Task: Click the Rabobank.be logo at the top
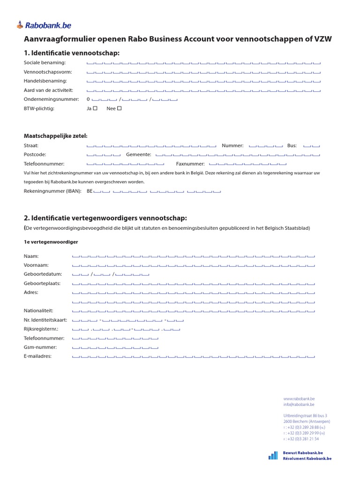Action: point(44,25)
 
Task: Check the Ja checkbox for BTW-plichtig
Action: point(95,108)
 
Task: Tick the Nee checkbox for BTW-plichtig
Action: point(119,108)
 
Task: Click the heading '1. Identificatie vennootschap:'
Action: point(72,53)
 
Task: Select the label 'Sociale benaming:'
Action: point(45,63)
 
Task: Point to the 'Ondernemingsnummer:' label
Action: point(51,99)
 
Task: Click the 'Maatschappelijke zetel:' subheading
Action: point(55,136)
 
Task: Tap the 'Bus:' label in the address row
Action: point(292,146)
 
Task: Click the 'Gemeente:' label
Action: point(138,155)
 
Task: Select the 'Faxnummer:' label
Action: point(190,164)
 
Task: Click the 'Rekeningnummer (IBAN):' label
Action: point(52,191)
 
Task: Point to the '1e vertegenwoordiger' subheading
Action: point(51,242)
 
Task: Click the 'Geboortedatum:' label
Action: point(43,274)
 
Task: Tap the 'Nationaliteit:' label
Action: point(38,311)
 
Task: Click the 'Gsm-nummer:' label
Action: point(40,347)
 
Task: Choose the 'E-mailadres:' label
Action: point(37,356)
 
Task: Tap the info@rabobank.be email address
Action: point(299,404)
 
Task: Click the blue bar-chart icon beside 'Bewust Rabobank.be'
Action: point(273,455)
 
